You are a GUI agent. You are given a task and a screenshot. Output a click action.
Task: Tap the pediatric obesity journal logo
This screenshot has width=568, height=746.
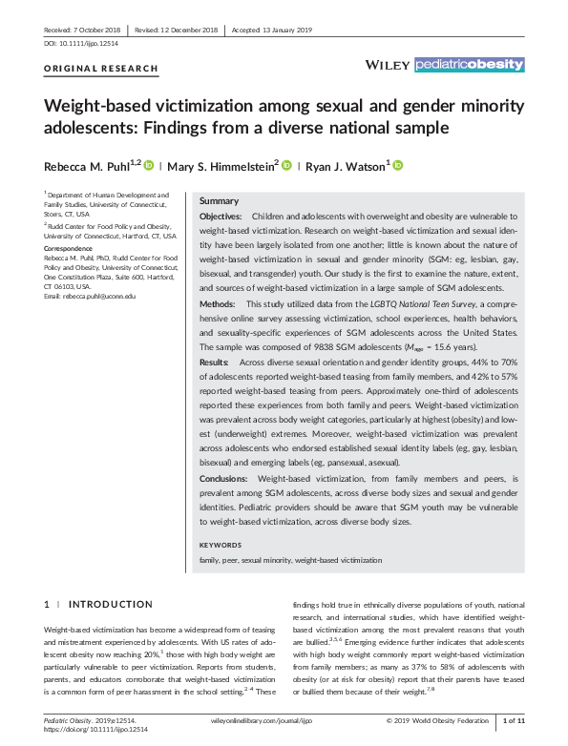click(469, 65)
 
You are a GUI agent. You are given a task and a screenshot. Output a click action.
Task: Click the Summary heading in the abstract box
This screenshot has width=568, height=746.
click(219, 201)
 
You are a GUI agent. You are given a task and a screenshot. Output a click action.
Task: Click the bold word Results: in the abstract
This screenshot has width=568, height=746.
click(215, 363)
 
